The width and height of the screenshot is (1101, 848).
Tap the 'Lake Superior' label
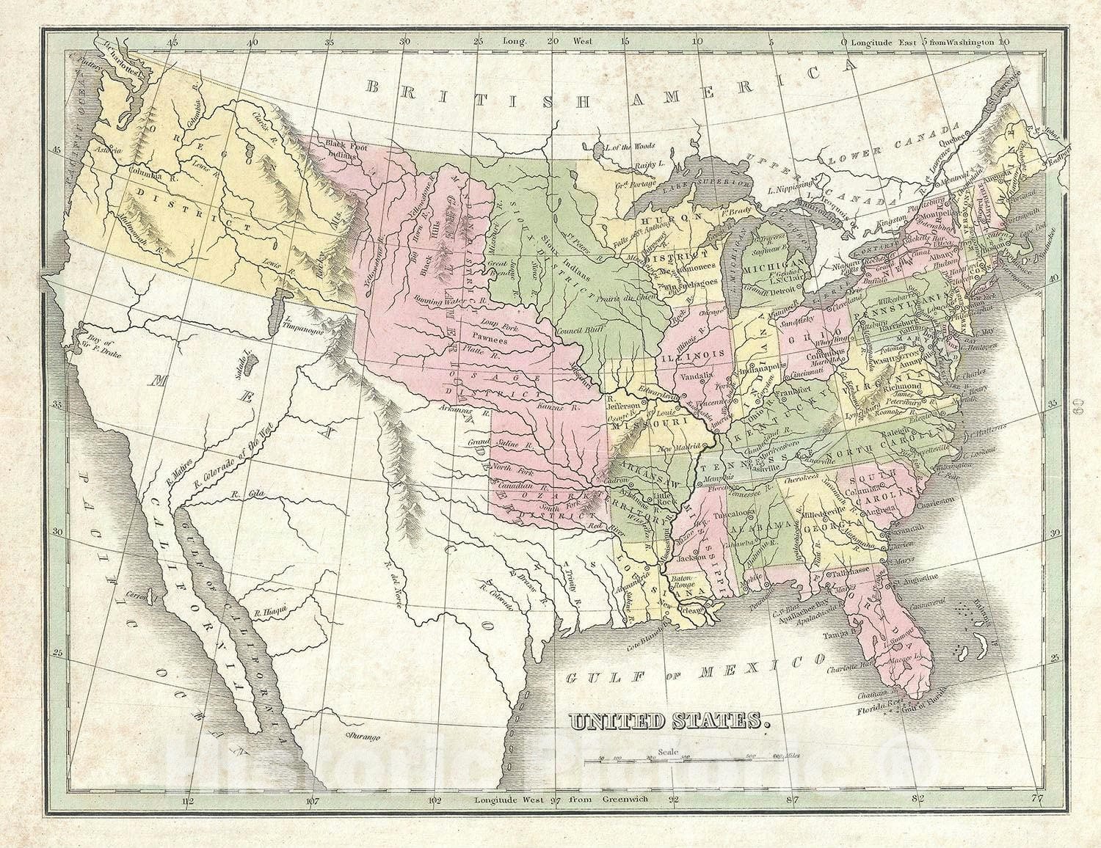point(713,180)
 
